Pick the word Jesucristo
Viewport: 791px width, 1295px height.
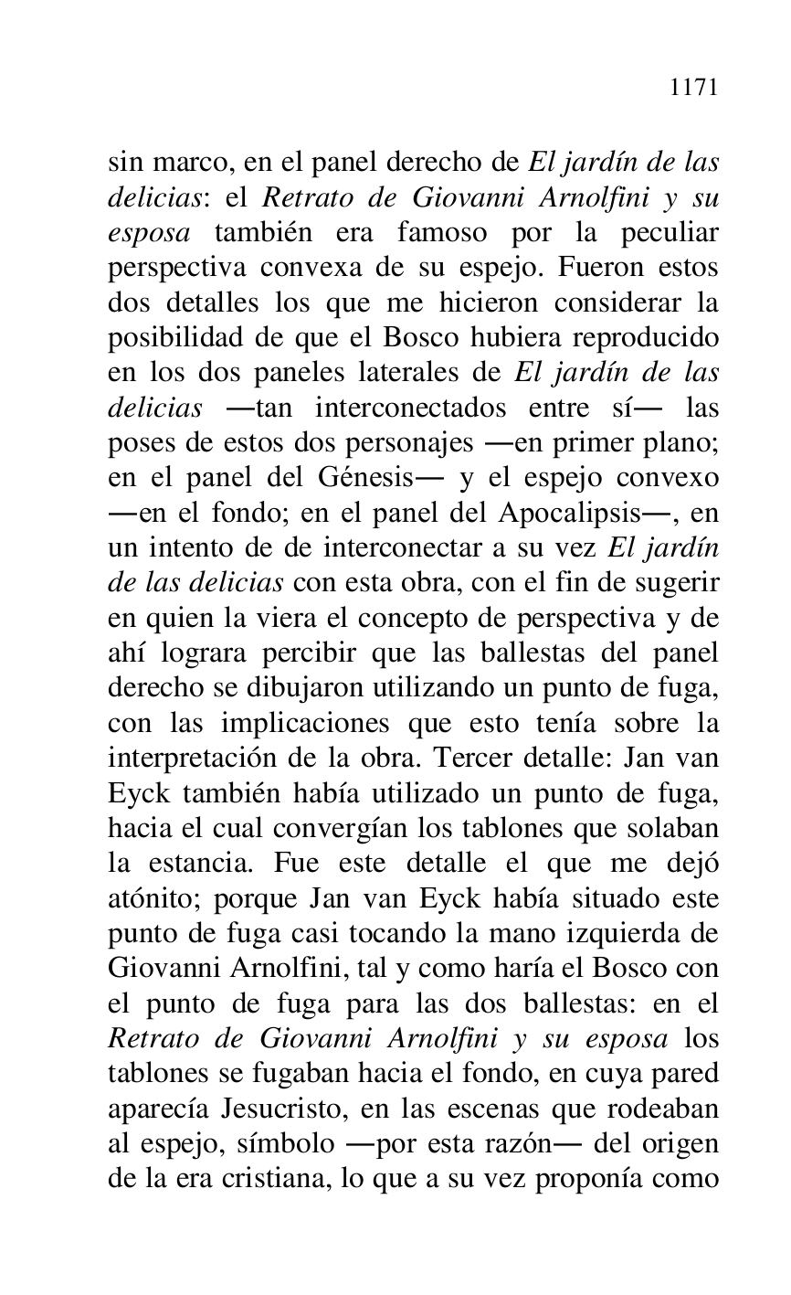tap(278, 1105)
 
